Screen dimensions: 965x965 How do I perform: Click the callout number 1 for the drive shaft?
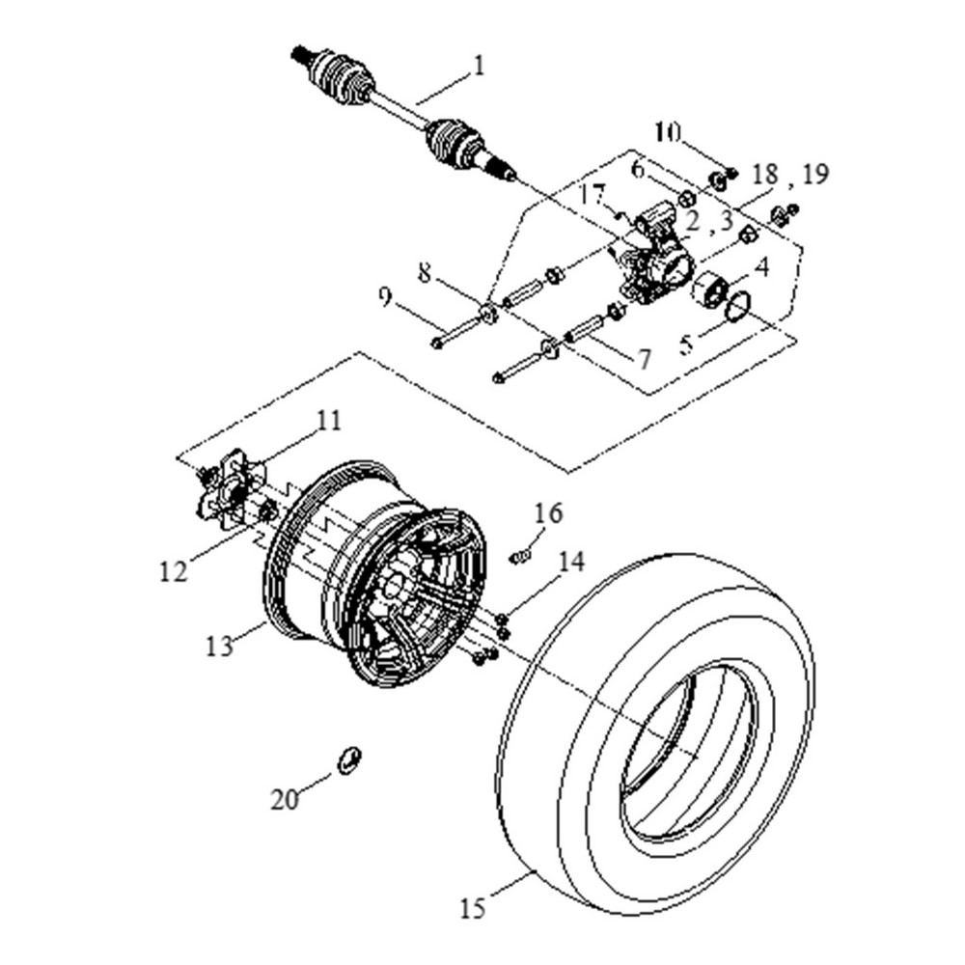(479, 67)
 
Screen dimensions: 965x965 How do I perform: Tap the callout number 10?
(668, 130)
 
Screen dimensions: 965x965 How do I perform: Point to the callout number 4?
(761, 267)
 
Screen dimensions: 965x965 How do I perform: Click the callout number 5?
(686, 343)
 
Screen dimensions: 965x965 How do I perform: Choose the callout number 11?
(330, 421)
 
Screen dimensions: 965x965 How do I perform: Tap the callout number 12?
(174, 570)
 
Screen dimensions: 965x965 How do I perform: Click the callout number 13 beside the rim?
(220, 645)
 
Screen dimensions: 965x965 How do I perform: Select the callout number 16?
(548, 512)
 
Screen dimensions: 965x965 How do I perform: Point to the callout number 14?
(572, 562)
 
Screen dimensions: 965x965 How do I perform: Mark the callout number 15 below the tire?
(473, 908)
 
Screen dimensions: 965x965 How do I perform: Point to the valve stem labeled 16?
(521, 556)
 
